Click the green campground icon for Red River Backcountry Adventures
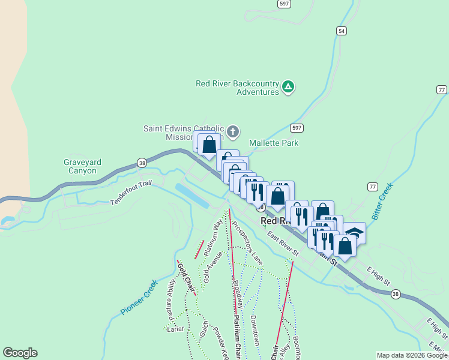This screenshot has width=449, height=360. click(x=289, y=87)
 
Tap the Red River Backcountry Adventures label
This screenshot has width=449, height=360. click(x=238, y=88)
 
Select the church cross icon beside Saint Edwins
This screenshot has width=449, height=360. click(x=234, y=131)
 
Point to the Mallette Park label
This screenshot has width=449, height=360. click(x=274, y=143)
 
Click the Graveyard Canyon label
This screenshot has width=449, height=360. click(x=82, y=166)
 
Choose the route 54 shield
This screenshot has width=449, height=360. click(x=342, y=31)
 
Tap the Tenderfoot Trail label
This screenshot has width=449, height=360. click(x=131, y=193)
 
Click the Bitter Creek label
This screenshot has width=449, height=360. click(x=381, y=201)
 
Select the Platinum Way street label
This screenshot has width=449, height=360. click(x=212, y=236)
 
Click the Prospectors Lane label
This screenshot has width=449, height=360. click(x=247, y=243)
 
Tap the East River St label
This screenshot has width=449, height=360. click(x=283, y=244)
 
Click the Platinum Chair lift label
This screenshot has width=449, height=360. click(x=237, y=336)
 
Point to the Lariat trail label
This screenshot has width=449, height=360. click(x=175, y=329)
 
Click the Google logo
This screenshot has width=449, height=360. click(x=20, y=353)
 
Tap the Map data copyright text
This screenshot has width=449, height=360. click(x=412, y=355)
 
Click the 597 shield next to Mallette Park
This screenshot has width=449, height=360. click(x=297, y=128)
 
